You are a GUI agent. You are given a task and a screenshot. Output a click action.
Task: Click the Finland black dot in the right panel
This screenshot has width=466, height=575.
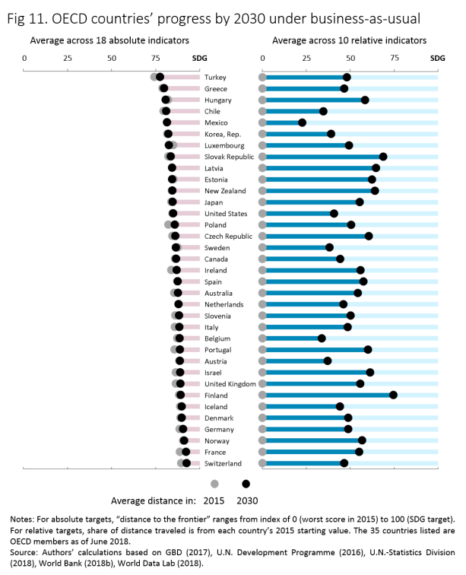pyautogui.click(x=393, y=395)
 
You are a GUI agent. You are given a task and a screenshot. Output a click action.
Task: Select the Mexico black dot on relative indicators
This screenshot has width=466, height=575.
pyautogui.click(x=302, y=122)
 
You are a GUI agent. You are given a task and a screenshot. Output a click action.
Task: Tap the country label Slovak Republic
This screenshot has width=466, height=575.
pyautogui.click(x=229, y=157)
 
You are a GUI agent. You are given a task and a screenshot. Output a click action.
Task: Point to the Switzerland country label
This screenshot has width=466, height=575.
pyautogui.click(x=223, y=463)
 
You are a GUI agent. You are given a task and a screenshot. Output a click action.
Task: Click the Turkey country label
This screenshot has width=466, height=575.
pyautogui.click(x=215, y=78)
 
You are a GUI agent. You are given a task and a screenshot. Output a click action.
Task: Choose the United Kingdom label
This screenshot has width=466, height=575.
pyautogui.click(x=230, y=384)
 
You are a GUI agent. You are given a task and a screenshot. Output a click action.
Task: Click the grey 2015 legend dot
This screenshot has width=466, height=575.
pyautogui.click(x=214, y=484)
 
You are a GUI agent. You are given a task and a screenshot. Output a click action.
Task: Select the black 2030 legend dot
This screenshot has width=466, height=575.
pyautogui.click(x=246, y=484)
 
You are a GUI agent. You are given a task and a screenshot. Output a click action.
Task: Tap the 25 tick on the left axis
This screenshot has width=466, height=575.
pyautogui.click(x=68, y=57)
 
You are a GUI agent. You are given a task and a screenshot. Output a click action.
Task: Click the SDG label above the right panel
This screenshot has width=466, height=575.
pyautogui.click(x=438, y=57)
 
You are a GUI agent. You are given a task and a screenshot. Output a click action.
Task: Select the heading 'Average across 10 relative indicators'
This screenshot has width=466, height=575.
pyautogui.click(x=349, y=40)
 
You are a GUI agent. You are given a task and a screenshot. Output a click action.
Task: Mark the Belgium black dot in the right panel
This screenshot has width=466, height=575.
pyautogui.click(x=322, y=338)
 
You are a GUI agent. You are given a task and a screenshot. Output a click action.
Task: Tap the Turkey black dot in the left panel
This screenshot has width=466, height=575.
pyautogui.click(x=160, y=78)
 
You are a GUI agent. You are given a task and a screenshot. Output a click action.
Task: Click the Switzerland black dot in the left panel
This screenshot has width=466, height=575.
pyautogui.click(x=186, y=463)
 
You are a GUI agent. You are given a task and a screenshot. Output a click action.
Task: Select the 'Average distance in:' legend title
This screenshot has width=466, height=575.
pyautogui.click(x=154, y=500)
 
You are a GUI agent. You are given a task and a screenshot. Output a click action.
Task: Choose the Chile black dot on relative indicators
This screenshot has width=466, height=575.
pyautogui.click(x=323, y=111)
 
